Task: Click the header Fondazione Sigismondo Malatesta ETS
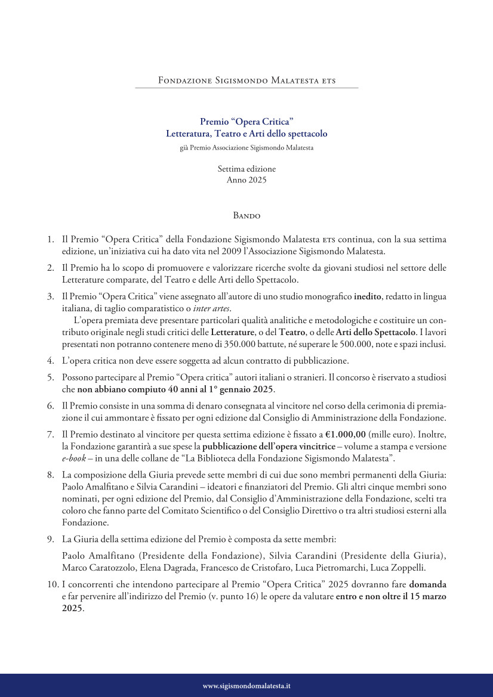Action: click(246, 80)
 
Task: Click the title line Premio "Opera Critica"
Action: click(246, 122)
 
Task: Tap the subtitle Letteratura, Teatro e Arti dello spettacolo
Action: click(246, 134)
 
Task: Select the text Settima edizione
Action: click(246, 169)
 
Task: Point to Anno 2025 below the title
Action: click(246, 179)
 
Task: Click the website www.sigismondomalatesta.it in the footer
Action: click(246, 686)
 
